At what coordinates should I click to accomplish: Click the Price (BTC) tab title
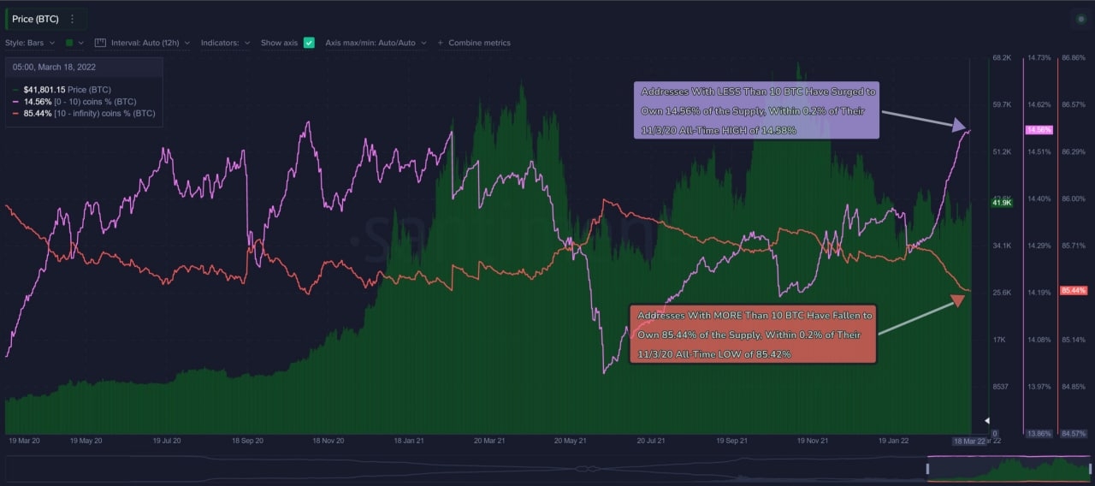click(35, 19)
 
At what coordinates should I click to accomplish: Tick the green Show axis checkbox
click(309, 43)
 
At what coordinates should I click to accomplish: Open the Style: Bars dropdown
click(30, 43)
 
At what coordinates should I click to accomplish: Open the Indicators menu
click(225, 43)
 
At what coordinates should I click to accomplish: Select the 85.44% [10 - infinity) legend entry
click(89, 113)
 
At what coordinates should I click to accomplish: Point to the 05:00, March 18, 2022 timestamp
click(55, 66)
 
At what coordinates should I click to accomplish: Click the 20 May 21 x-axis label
click(570, 441)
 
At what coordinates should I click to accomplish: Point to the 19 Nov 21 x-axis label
click(813, 441)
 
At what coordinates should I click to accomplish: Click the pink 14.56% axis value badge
click(1039, 129)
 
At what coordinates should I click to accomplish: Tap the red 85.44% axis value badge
click(1072, 290)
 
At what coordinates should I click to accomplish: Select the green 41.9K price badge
click(1001, 203)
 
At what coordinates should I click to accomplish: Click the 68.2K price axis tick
click(1002, 57)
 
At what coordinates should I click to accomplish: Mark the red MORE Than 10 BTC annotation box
click(753, 335)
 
